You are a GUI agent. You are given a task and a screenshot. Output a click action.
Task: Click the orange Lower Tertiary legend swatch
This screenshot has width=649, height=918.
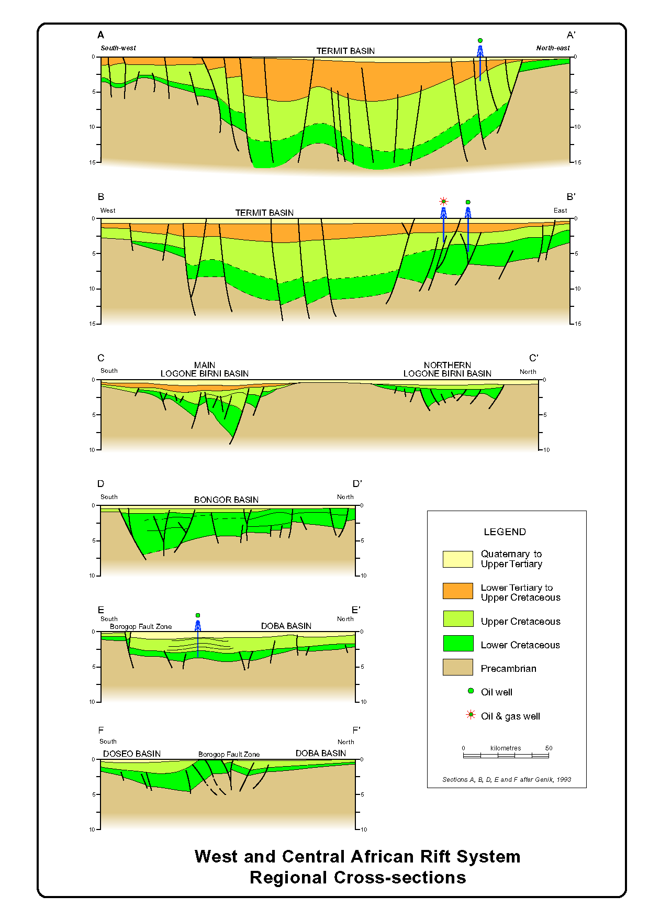[x=458, y=591]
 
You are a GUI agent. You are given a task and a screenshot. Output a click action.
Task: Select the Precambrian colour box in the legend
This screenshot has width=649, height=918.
[x=458, y=667]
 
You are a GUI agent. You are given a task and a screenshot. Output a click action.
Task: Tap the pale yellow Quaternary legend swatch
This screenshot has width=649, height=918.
[x=458, y=559]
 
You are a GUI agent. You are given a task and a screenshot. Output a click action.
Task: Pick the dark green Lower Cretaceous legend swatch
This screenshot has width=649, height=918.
[x=458, y=643]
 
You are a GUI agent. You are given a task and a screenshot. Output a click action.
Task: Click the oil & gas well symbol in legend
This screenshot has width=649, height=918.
[x=471, y=715]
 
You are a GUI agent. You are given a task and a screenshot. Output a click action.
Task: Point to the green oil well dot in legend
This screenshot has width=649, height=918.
[x=471, y=691]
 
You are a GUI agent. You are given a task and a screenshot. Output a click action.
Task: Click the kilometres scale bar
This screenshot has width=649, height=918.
[x=506, y=755]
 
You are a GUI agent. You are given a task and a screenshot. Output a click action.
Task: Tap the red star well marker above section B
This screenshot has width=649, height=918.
[x=443, y=202]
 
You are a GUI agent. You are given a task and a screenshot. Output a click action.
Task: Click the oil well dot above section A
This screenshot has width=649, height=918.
[x=480, y=40]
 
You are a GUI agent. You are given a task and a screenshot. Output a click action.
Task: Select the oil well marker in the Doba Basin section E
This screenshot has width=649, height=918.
[x=198, y=615]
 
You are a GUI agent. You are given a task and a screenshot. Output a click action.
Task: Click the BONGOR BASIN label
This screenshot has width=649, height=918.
[x=226, y=500]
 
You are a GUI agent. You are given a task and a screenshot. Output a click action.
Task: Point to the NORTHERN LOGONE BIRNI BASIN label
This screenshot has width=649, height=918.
[x=447, y=369]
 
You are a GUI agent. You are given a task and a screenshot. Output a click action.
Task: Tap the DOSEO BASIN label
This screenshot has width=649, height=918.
[x=132, y=754]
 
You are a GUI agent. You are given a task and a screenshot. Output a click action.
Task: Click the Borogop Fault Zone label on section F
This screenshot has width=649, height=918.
[x=229, y=754]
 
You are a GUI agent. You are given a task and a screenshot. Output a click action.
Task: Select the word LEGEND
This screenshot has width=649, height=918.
[x=505, y=532]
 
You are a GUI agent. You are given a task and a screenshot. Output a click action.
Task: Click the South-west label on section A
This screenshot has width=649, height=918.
[x=118, y=48]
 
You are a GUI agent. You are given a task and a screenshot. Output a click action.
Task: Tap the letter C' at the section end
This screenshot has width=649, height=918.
[x=533, y=358]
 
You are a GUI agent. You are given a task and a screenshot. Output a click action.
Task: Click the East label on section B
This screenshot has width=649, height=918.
[x=560, y=211]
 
